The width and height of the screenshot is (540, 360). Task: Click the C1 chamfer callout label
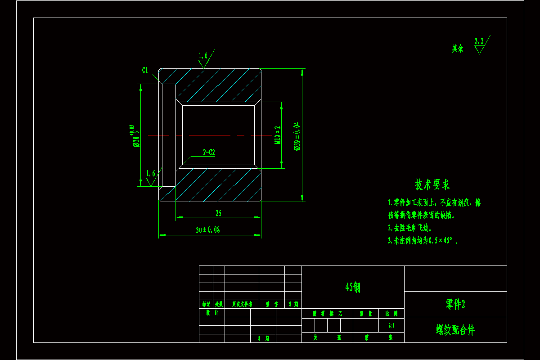[x=145, y=70]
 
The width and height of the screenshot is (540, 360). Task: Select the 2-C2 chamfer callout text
[x=209, y=153]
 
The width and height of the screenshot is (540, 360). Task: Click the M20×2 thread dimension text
[x=278, y=135]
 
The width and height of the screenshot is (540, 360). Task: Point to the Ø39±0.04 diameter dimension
[x=297, y=136]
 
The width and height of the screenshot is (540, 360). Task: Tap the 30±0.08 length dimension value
[x=208, y=230]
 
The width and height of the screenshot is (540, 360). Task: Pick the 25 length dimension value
[x=219, y=213]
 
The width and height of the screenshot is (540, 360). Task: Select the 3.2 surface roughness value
[x=479, y=41]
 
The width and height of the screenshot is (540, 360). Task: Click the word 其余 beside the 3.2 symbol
[x=458, y=49]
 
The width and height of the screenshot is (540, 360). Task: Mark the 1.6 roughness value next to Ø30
[x=151, y=173]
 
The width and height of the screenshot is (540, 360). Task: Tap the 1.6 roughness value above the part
[x=203, y=55]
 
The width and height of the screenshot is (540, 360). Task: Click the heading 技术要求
[x=432, y=184]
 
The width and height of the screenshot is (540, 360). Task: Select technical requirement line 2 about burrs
[x=409, y=228]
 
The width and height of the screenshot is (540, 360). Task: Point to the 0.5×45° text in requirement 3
[x=443, y=241]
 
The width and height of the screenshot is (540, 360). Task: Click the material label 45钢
[x=353, y=287]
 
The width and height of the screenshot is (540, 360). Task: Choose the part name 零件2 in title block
[x=455, y=305]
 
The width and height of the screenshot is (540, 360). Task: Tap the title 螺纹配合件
[x=455, y=330]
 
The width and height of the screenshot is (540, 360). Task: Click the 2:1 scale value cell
[x=391, y=325]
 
